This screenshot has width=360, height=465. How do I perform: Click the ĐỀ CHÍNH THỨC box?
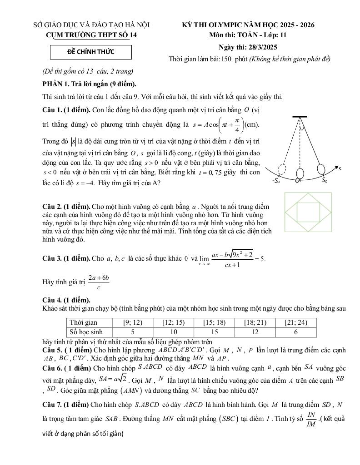point(91,52)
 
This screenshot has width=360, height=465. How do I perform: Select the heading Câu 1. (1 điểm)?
point(65,110)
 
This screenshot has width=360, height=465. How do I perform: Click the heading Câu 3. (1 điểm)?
point(65,258)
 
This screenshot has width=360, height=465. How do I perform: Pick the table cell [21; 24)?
point(295,322)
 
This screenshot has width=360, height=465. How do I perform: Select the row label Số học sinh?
point(86,332)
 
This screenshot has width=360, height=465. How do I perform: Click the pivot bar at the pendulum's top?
point(300,117)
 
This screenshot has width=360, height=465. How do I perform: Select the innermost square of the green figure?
point(308,212)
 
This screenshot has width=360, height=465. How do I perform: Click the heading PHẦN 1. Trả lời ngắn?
point(89,84)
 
